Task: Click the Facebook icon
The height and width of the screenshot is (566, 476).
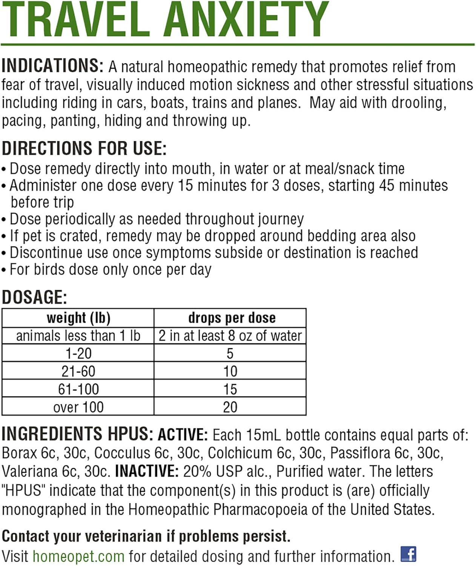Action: pyautogui.click(x=408, y=554)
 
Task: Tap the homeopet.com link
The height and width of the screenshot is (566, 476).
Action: pyautogui.click(x=78, y=556)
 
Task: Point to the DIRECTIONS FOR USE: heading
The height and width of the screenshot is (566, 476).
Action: pyautogui.click(x=84, y=148)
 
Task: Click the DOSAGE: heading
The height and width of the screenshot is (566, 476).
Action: pyautogui.click(x=34, y=297)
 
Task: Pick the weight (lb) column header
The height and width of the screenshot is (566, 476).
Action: pyautogui.click(x=78, y=318)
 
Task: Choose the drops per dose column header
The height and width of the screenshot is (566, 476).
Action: pyautogui.click(x=232, y=318)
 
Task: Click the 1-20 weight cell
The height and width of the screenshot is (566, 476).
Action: pyautogui.click(x=78, y=353)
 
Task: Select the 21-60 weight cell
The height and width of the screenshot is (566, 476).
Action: pyautogui.click(x=78, y=371)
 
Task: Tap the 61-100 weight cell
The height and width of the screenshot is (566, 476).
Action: pyautogui.click(x=78, y=389)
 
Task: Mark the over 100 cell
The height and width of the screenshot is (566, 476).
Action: pyautogui.click(x=78, y=407)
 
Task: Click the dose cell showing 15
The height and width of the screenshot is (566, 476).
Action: pyautogui.click(x=230, y=389)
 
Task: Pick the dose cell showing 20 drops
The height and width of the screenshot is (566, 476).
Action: pyautogui.click(x=230, y=407)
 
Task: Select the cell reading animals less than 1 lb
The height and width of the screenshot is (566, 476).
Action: pyautogui.click(x=78, y=335)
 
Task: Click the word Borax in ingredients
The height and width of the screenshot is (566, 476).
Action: pyautogui.click(x=20, y=453)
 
